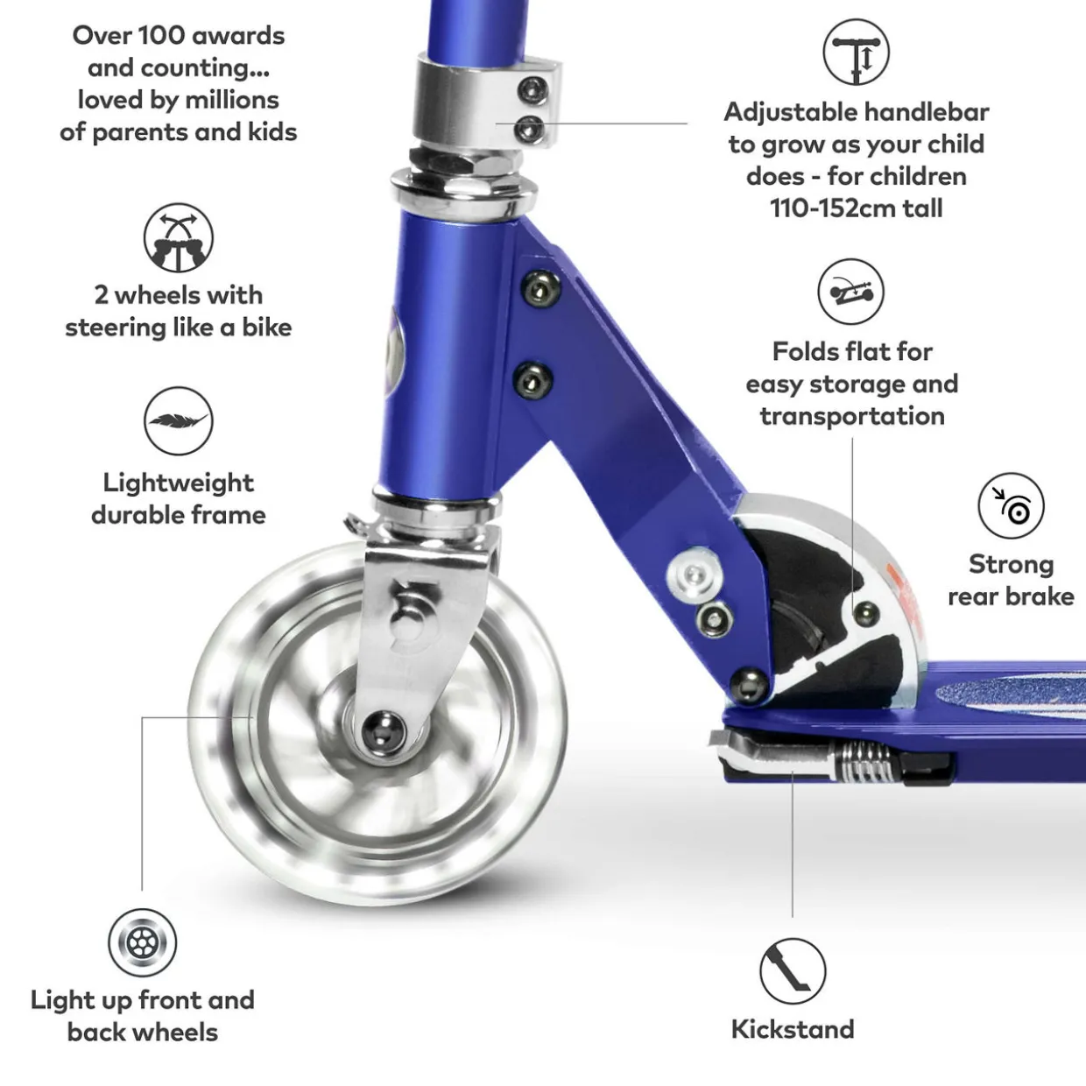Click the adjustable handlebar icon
[856, 52]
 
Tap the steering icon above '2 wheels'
[178, 238]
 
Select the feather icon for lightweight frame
[178, 420]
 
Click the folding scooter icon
[850, 292]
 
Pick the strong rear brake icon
[1011, 505]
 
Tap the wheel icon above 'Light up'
[142, 942]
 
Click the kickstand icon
[793, 970]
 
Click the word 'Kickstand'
[793, 1029]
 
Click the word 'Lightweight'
[178, 483]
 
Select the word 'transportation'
[852, 417]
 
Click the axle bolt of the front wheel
[383, 731]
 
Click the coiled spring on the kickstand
[863, 762]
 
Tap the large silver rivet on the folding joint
[695, 575]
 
